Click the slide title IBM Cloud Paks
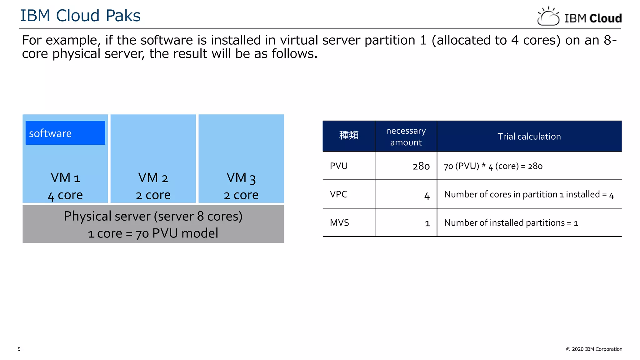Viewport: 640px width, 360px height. pos(80,16)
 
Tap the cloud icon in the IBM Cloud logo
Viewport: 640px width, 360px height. pos(548,17)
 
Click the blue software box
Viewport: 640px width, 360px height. pos(65,133)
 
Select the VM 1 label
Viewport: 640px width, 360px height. pos(65,178)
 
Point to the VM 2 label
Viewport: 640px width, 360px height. pos(153,178)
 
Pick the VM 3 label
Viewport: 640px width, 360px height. pos(241,178)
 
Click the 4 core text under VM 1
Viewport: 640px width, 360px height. pos(65,195)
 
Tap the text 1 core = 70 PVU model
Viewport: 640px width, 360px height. pos(153,233)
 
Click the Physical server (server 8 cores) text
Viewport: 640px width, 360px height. pos(153,216)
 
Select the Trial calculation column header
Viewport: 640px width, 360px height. pos(529,137)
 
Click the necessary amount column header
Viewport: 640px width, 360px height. pos(406,137)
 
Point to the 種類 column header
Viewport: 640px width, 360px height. pos(349,135)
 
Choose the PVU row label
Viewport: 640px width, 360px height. pos(339,166)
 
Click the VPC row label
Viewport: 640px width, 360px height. pos(338,194)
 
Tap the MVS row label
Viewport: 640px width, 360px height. pos(339,223)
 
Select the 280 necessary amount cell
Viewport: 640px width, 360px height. pos(421,166)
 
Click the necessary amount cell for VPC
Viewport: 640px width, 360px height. pos(427,196)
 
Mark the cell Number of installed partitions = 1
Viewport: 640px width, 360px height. pos(511,223)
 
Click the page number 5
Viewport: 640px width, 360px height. pos(19,349)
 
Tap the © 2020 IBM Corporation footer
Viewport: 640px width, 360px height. pos(594,349)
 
